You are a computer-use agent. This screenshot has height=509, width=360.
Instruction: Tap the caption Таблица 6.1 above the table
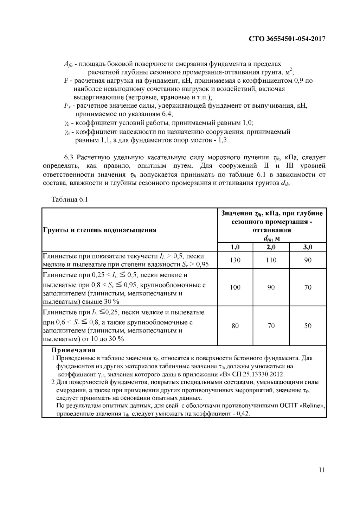(69, 199)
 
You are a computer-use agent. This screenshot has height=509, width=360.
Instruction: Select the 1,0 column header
(235, 247)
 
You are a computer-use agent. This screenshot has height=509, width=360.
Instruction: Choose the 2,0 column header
(271, 247)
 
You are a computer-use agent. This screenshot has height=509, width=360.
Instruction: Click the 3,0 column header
(308, 247)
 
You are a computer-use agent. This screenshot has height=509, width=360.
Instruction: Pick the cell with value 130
(235, 260)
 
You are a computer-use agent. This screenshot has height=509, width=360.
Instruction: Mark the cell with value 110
(271, 260)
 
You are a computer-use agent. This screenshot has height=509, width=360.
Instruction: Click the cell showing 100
(235, 287)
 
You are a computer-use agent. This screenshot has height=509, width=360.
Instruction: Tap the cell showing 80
(235, 326)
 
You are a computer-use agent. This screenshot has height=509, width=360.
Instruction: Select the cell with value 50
(308, 326)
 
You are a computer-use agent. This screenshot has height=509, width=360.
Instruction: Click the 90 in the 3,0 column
(308, 260)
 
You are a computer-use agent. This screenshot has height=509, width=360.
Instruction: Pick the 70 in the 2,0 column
(271, 326)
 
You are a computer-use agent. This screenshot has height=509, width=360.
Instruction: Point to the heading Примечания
(73, 350)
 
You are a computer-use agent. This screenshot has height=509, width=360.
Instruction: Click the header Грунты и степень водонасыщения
(99, 230)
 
